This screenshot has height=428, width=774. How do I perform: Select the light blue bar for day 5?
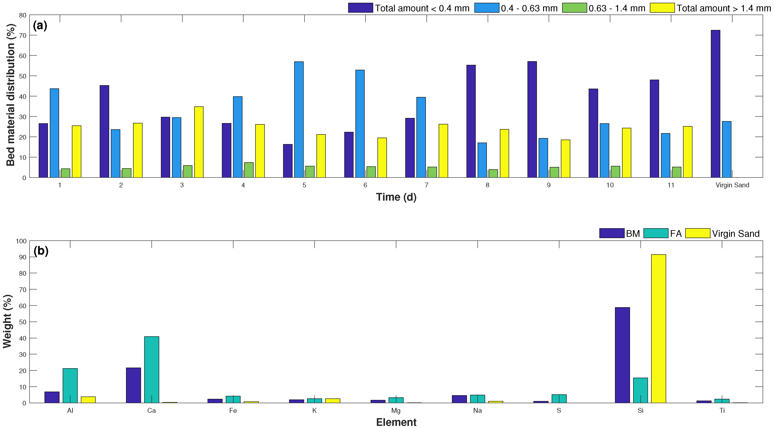click(299, 120)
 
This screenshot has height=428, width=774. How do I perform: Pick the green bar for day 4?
click(249, 170)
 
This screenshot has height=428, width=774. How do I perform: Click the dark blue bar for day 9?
click(532, 120)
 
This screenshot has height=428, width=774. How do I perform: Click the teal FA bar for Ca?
click(152, 370)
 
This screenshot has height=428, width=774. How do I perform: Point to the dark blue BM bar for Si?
click(622, 355)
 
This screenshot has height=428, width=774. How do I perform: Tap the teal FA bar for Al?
click(70, 386)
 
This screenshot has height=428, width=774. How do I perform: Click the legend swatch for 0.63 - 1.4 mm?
click(574, 8)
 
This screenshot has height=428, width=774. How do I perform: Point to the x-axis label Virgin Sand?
click(732, 185)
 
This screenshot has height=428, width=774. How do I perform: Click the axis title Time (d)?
click(396, 197)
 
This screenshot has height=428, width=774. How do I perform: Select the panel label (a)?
click(40, 26)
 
